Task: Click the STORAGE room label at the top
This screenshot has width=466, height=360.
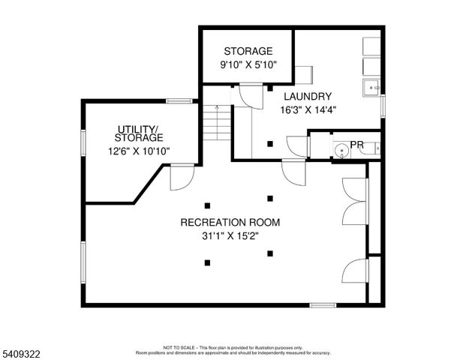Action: click(x=247, y=51)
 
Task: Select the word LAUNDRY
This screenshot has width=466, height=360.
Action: click(x=308, y=97)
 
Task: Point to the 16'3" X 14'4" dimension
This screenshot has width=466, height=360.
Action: click(x=308, y=109)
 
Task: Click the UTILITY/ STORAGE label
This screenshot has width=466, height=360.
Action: click(x=139, y=133)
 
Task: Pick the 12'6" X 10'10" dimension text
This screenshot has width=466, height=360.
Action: click(x=139, y=150)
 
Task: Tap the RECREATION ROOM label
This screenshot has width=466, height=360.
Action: click(x=230, y=223)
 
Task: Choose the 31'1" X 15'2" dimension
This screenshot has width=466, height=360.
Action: click(x=230, y=235)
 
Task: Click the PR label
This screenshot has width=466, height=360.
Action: click(x=357, y=144)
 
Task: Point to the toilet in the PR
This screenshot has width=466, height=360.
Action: click(x=370, y=148)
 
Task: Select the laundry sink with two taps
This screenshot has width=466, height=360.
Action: click(x=371, y=88)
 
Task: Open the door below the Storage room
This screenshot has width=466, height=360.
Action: click(x=246, y=95)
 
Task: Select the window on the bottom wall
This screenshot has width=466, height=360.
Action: click(x=323, y=304)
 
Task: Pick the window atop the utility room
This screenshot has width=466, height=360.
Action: click(x=179, y=100)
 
